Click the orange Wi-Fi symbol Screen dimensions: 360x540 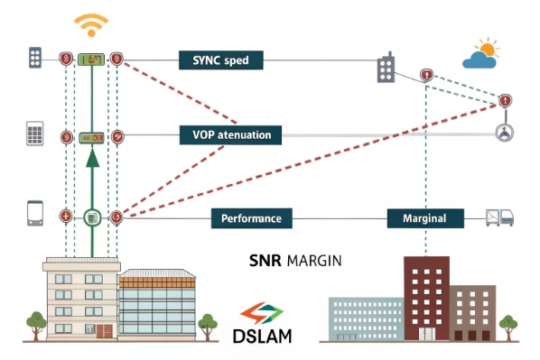(91, 23)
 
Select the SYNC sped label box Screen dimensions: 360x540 (220, 60)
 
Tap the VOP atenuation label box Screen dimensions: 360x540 (231, 135)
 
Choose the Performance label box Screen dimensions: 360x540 (251, 217)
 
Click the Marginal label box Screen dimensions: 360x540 (424, 217)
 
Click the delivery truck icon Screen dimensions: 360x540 (498, 217)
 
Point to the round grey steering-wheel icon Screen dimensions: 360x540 (502, 134)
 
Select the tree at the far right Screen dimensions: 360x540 (509, 325)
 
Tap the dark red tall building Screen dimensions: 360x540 (424, 293)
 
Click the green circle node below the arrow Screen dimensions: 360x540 (91, 217)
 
